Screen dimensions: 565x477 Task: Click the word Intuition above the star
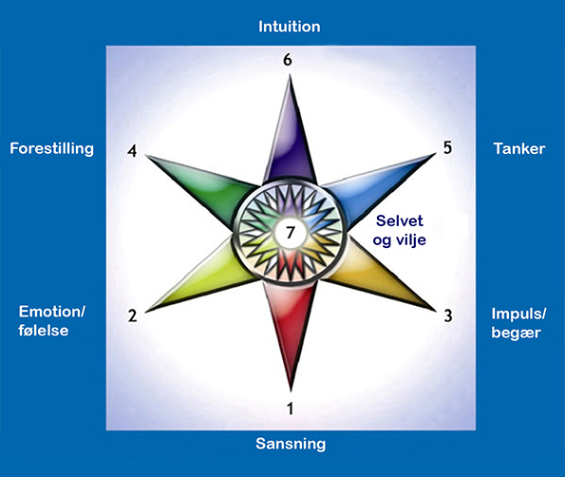coord(290,27)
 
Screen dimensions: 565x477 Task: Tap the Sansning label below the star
coord(291,444)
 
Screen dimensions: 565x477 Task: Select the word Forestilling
coord(52,148)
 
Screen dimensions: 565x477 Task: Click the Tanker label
coord(519,148)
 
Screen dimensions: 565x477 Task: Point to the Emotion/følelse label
coord(52,321)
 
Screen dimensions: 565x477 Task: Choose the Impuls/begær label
coord(518,323)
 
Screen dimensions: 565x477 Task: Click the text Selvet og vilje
coord(399,230)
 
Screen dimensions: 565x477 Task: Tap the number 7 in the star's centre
coord(291,233)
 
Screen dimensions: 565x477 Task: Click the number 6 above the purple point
coord(287,60)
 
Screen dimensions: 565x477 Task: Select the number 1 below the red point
coord(290,409)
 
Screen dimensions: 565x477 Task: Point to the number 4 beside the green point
coord(132,151)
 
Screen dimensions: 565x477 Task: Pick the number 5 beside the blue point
coord(447,147)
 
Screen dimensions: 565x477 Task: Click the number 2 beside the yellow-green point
coord(133,315)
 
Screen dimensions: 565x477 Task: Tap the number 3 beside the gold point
coord(448,315)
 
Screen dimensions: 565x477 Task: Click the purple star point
coord(290,137)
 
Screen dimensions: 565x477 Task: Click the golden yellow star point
coord(377,277)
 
